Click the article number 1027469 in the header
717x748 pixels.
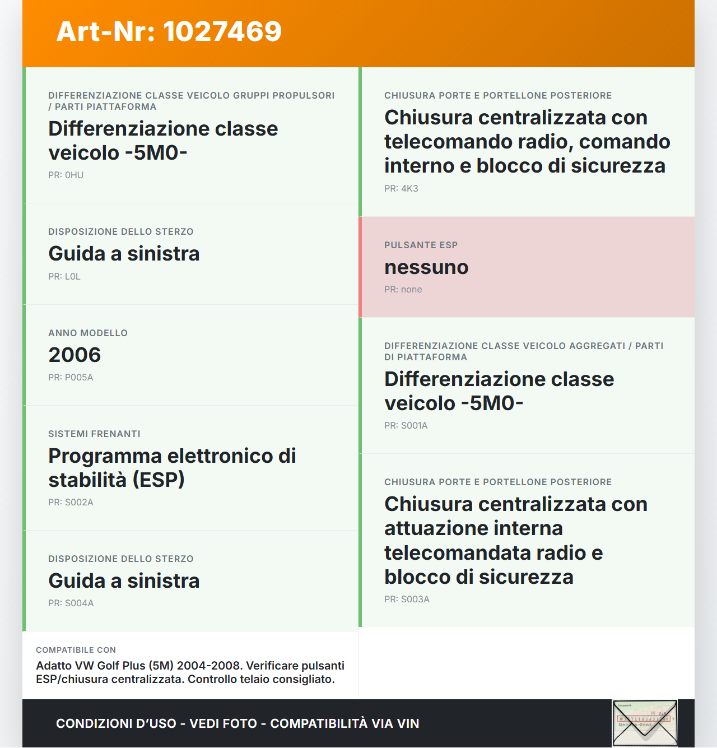click(x=222, y=31)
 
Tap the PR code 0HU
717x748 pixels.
click(x=74, y=175)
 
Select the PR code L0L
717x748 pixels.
click(x=72, y=277)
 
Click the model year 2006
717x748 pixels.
click(x=75, y=355)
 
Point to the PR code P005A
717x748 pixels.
click(x=79, y=378)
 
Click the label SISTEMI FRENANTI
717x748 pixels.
click(x=94, y=434)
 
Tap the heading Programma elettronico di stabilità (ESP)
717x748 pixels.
click(x=172, y=468)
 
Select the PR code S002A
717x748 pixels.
click(x=79, y=503)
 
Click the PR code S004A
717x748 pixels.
click(x=79, y=603)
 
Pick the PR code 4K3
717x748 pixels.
click(x=409, y=189)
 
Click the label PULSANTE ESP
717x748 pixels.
click(x=421, y=245)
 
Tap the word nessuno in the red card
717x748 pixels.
click(x=426, y=267)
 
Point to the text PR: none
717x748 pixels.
click(x=403, y=290)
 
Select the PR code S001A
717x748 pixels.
click(x=414, y=426)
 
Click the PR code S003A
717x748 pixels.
click(x=415, y=600)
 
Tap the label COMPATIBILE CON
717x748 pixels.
click(x=76, y=651)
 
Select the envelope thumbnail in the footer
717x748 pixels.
click(x=645, y=723)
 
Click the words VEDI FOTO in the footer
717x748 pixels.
click(x=223, y=724)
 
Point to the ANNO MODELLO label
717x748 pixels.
click(x=88, y=333)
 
